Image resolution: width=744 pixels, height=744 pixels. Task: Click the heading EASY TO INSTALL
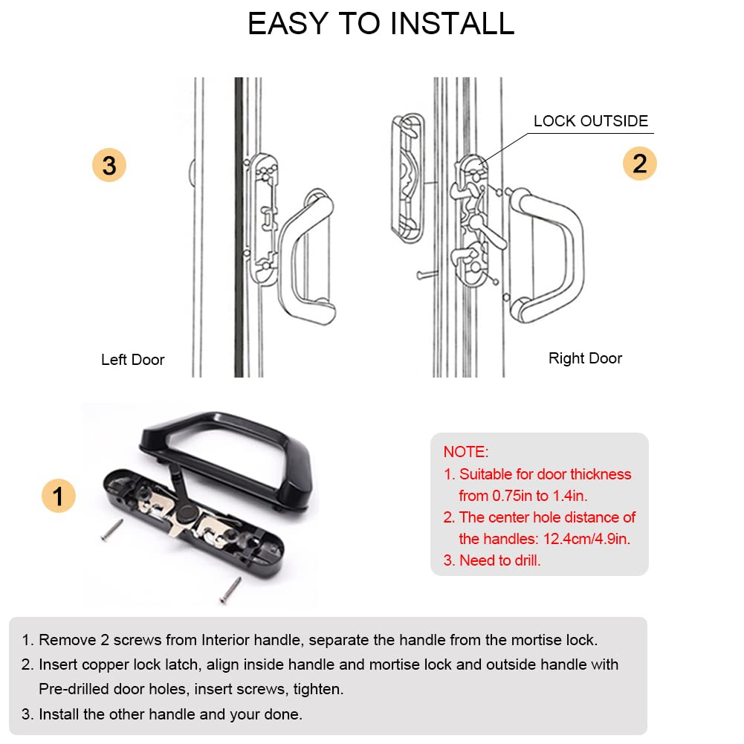[x=381, y=24]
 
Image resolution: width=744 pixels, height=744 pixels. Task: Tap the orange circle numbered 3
[x=109, y=165]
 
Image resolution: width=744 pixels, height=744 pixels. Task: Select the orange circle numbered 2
[x=639, y=164]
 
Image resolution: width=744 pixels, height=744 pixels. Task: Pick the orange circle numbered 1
[x=58, y=495]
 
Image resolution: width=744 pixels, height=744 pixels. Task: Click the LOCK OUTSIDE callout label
[x=590, y=121]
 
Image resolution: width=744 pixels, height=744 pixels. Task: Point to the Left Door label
[x=132, y=360]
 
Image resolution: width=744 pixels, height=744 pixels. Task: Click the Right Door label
[x=585, y=358]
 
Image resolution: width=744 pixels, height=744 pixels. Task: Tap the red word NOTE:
[x=466, y=452]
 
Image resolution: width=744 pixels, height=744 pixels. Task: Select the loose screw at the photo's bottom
[x=230, y=589]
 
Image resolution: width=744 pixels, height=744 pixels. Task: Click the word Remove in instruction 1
[x=60, y=639]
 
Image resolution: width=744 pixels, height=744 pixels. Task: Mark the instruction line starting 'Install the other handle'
[x=170, y=715]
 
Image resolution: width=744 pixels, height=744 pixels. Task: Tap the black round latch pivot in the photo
[x=185, y=514]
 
